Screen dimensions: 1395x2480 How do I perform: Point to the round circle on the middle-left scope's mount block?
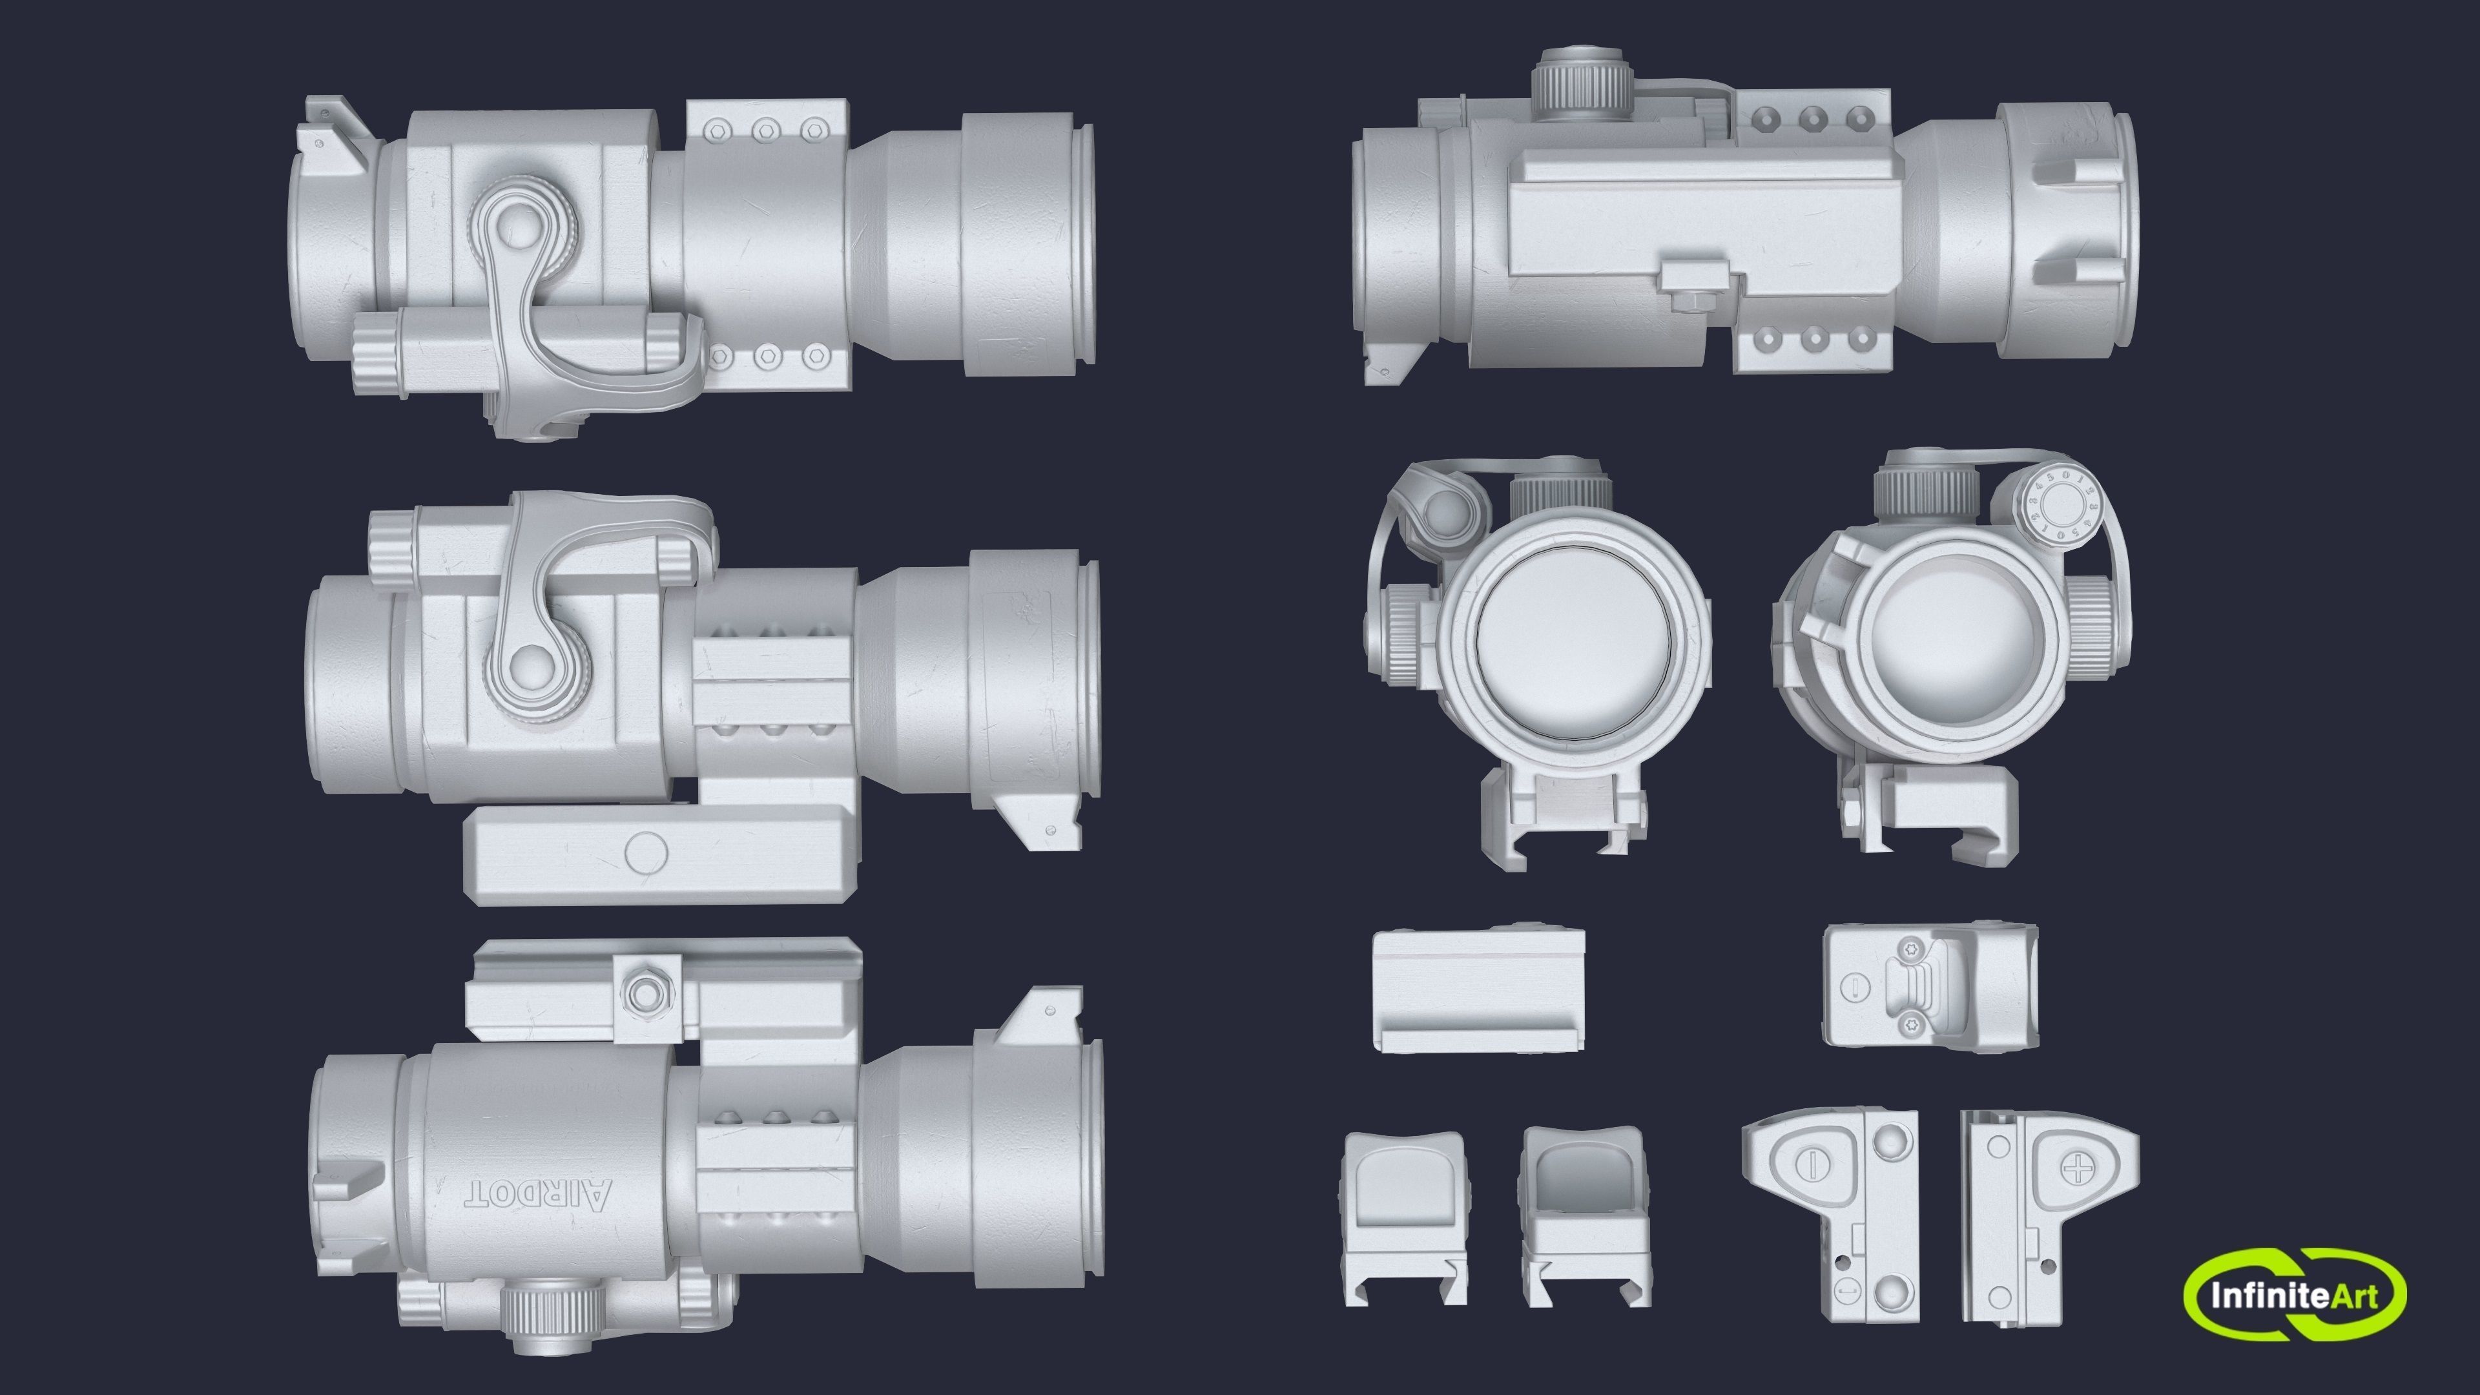coord(645,851)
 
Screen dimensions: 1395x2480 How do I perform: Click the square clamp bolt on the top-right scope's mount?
coord(1689,287)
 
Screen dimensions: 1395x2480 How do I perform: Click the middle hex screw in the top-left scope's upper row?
coord(765,127)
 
